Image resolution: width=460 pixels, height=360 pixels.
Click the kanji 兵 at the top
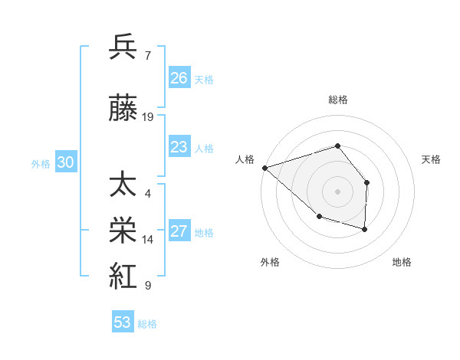[x=123, y=47]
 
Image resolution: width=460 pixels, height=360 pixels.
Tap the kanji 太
[x=123, y=185]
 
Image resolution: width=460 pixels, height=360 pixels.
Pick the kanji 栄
[x=123, y=231]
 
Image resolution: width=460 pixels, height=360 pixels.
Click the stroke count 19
[x=148, y=117]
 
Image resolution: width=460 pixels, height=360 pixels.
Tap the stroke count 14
[x=148, y=240]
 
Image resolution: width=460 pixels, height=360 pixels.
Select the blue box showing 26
[x=179, y=78]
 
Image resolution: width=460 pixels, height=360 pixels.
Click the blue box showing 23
[x=179, y=147]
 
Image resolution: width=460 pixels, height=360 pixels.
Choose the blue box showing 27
[x=179, y=231]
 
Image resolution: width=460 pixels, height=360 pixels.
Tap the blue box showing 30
[x=65, y=162]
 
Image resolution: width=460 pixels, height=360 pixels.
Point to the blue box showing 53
[x=122, y=322]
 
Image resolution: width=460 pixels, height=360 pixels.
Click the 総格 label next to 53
[x=148, y=324]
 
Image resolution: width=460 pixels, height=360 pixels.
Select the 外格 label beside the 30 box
[x=41, y=163]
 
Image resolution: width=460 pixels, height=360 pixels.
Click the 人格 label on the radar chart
[x=245, y=159]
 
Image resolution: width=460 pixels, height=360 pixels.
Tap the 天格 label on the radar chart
[x=432, y=159]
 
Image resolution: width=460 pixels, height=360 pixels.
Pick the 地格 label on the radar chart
[x=402, y=263]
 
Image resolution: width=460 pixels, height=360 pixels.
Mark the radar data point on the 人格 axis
[x=264, y=168]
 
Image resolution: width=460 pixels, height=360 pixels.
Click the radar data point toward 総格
[x=337, y=146]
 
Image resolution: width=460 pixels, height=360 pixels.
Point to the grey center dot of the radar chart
[x=337, y=191]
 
